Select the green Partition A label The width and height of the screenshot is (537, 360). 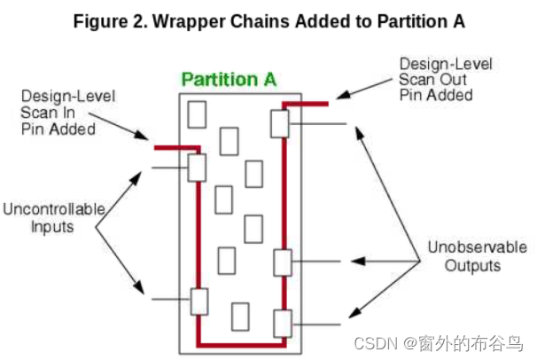point(229,79)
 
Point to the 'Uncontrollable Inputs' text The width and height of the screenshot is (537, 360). point(54,218)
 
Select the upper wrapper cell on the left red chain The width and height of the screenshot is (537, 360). point(197,167)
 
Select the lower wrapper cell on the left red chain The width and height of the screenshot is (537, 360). point(198,301)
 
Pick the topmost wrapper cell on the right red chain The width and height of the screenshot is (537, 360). point(281,123)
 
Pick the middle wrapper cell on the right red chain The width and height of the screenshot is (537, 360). point(282,262)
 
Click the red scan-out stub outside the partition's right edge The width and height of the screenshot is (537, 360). point(312,104)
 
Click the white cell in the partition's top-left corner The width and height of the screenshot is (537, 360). point(197,114)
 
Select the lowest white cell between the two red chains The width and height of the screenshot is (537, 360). point(239,315)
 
